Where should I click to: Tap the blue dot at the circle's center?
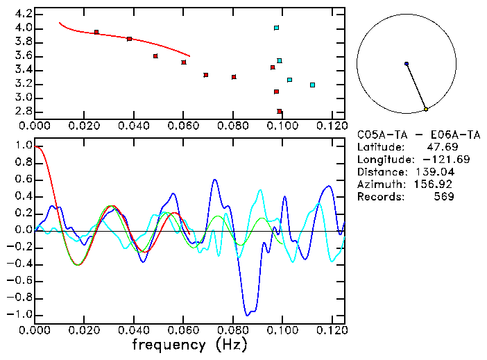[407, 64]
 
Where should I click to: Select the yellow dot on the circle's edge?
[426, 110]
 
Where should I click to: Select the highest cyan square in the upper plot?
[276, 28]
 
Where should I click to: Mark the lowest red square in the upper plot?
[280, 111]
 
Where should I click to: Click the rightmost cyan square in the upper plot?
[312, 85]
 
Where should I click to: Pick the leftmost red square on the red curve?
[96, 32]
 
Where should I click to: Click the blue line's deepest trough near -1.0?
[246, 314]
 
